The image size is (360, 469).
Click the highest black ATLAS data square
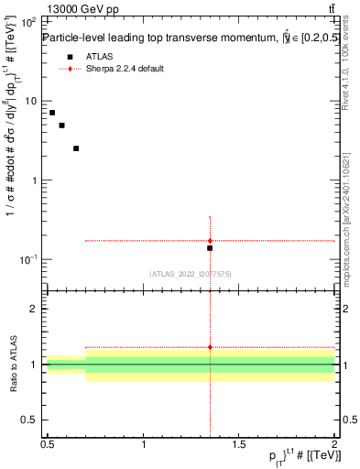[x=52, y=113]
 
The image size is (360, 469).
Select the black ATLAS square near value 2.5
[x=76, y=148]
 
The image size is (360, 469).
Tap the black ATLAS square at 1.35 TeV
[x=210, y=248]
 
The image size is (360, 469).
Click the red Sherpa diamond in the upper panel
[x=210, y=241]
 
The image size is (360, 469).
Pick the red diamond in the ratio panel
[x=210, y=347]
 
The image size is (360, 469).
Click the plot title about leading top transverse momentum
[x=183, y=38]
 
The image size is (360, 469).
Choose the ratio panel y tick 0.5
[x=32, y=420]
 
